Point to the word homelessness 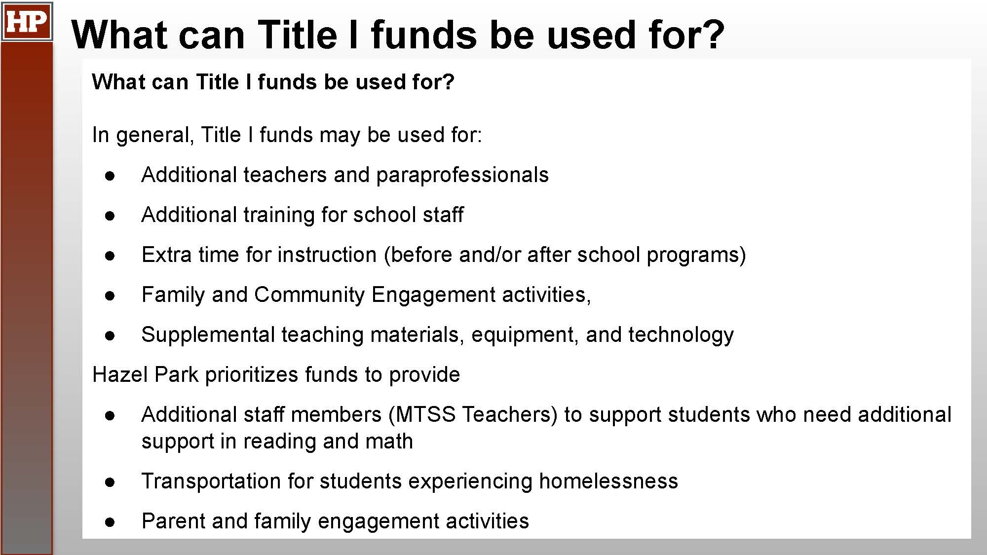[x=608, y=481]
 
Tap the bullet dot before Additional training [x=110, y=216]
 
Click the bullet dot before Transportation [x=110, y=482]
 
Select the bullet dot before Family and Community [x=110, y=296]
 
